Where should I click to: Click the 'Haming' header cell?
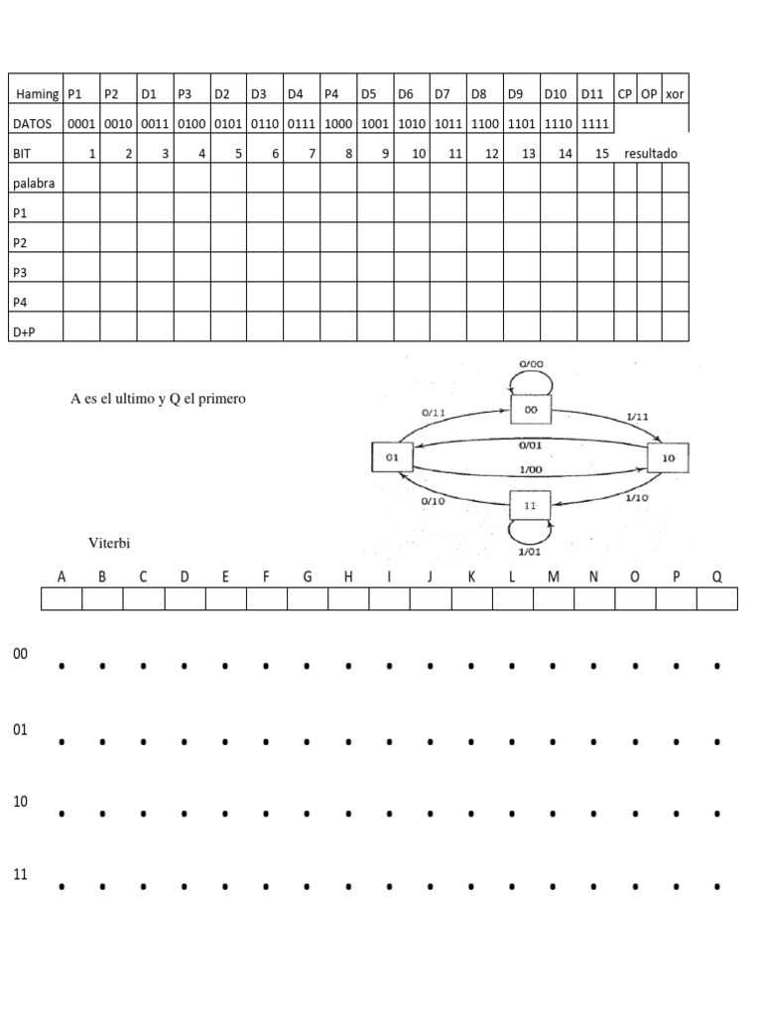point(37,94)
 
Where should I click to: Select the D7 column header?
point(443,94)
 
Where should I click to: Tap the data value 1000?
point(338,124)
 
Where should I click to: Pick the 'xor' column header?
point(675,94)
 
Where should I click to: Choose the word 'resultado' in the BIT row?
point(651,154)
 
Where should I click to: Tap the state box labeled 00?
point(530,409)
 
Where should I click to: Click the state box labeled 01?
point(390,457)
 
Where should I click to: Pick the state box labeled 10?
point(668,457)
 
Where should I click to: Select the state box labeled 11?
point(529,505)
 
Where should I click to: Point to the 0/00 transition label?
point(531,364)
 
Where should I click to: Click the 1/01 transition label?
point(530,551)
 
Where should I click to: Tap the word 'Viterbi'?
point(109,543)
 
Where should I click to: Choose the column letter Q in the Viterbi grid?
point(716,576)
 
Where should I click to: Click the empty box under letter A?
point(62,598)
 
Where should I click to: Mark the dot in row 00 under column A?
point(62,667)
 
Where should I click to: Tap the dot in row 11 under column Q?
point(716,886)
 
